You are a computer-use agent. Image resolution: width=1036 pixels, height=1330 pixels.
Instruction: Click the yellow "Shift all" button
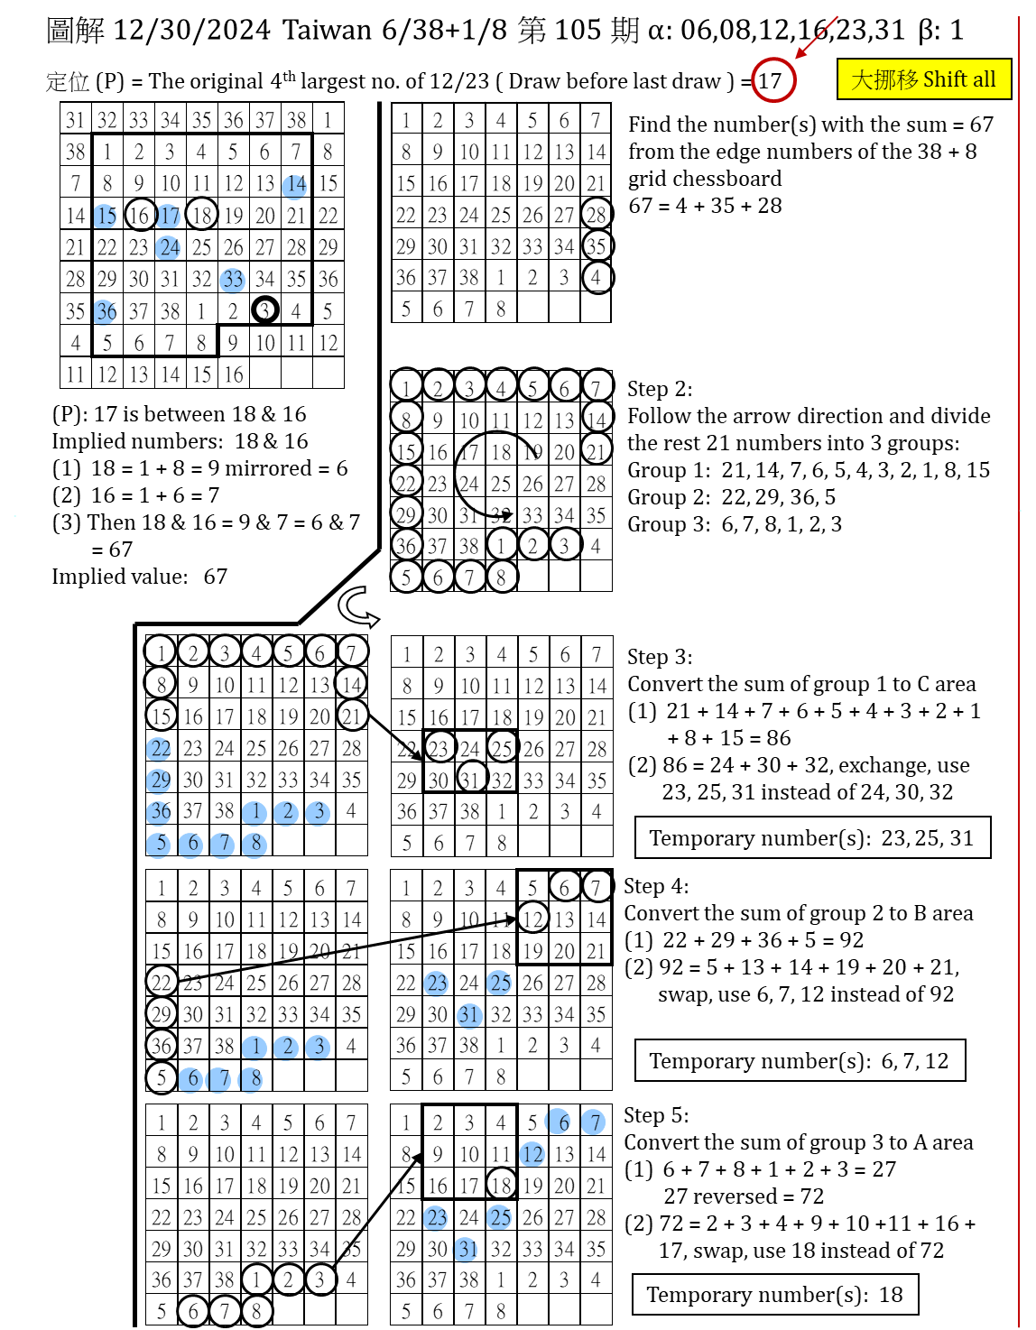tap(923, 79)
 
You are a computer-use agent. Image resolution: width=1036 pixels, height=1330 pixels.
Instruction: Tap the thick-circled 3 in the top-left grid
tap(264, 309)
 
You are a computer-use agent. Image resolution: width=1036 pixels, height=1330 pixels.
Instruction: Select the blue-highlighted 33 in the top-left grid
tap(233, 279)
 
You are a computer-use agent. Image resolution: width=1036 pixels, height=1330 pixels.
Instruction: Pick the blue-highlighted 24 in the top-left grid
tap(170, 247)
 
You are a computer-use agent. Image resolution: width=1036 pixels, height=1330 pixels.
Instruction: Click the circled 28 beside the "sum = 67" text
tap(596, 214)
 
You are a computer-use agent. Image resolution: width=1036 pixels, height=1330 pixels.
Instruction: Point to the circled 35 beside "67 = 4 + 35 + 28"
tap(596, 245)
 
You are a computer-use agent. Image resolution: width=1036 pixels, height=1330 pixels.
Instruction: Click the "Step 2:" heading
tap(660, 389)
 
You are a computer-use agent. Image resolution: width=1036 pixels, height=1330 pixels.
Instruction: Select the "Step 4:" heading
tap(656, 886)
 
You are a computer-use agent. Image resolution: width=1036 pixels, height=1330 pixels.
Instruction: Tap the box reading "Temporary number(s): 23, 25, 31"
tap(812, 838)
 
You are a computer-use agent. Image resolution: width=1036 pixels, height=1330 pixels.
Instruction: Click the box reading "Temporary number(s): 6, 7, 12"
tap(800, 1061)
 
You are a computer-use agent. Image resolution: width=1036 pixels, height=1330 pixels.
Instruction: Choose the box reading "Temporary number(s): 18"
tap(774, 1295)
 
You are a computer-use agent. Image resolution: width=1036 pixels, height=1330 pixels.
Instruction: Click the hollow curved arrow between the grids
tap(358, 606)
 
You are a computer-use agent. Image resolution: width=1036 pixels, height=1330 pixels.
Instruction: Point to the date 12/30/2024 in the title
tap(192, 30)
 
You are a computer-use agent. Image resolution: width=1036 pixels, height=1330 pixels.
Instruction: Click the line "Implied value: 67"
tap(140, 577)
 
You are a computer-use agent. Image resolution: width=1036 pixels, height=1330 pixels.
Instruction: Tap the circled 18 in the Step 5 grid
tap(501, 1184)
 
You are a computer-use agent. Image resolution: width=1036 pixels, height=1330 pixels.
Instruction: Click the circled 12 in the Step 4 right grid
tap(532, 919)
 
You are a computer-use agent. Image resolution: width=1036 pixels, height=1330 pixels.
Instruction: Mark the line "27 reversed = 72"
tap(744, 1196)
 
